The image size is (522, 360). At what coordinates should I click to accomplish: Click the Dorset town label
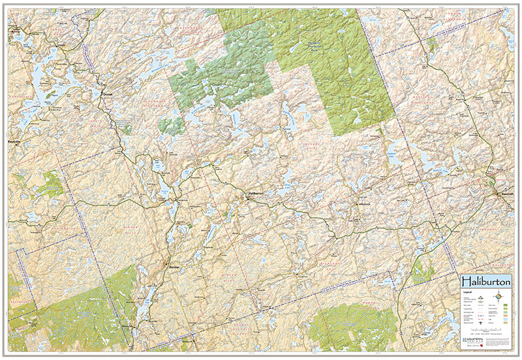coord(108,93)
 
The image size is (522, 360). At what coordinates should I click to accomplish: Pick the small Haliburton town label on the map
coord(254,194)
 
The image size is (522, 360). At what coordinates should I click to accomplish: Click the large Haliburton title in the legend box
coord(486,281)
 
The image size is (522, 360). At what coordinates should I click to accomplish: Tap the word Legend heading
coord(468,293)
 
